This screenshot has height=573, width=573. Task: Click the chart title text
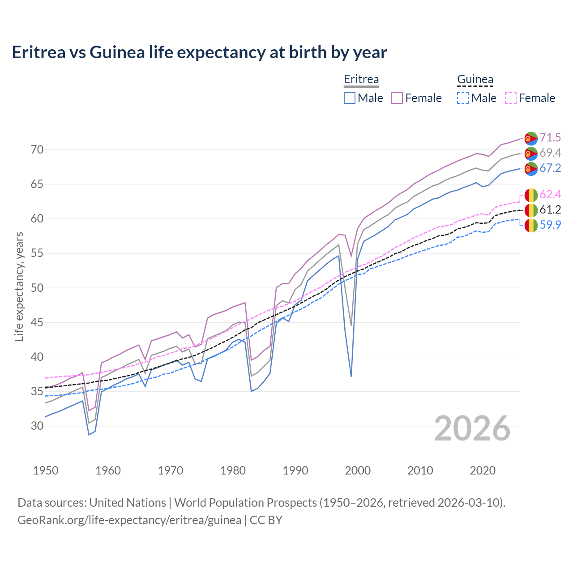pos(199,52)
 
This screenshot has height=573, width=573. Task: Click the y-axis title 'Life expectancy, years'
pos(19,286)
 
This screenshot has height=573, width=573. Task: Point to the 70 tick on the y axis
pos(37,150)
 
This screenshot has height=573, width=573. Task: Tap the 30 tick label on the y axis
pos(37,426)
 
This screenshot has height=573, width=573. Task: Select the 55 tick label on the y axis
pos(37,253)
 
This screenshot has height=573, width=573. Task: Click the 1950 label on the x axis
pos(46,470)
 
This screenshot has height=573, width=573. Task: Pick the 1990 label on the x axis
pos(295,470)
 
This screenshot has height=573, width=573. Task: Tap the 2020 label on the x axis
pos(483,470)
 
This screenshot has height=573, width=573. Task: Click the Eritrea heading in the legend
pos(361,79)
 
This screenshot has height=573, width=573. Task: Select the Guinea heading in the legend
pos(475,79)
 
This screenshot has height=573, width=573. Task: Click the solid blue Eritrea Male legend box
pos(350,98)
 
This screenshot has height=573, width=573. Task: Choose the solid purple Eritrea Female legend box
pos(397,98)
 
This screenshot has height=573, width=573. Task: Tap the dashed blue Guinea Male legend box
pos(463,98)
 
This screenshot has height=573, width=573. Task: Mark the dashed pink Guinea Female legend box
pos(511,98)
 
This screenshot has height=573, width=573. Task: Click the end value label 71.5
pos(550,137)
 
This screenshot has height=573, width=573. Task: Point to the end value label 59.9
pos(550,225)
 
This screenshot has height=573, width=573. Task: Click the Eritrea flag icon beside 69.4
pos(531,154)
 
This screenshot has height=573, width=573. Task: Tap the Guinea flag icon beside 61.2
pos(531,210)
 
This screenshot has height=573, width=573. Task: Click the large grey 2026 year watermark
pos(472,428)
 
